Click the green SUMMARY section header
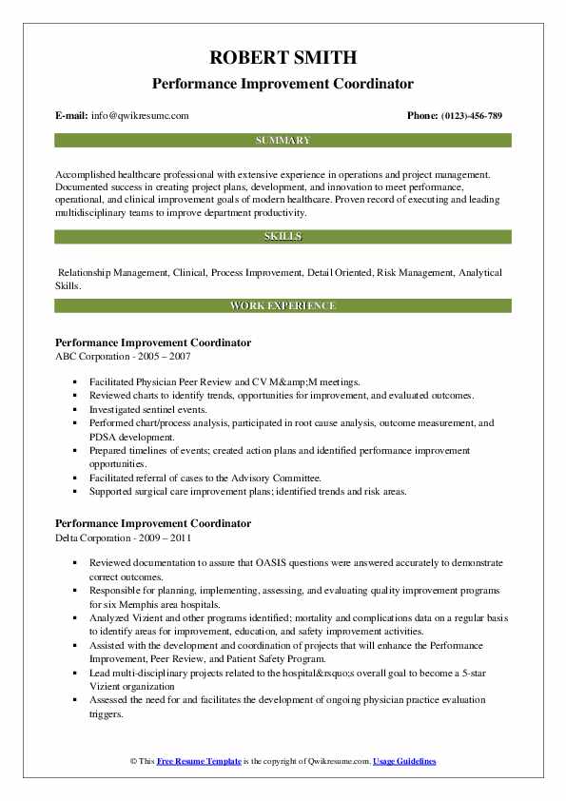click(283, 140)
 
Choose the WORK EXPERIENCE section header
click(283, 305)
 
